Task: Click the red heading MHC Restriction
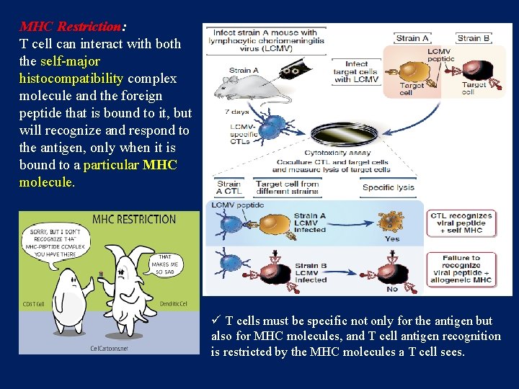pos(71,27)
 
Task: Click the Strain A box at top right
pos(413,38)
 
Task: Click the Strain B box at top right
pos(474,38)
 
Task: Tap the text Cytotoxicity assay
pos(337,153)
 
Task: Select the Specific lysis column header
pos(389,187)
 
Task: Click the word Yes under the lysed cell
pos(392,238)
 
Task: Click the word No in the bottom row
pos(392,288)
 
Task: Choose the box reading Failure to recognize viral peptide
pos(461,268)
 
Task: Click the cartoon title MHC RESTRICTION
pos(134,219)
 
